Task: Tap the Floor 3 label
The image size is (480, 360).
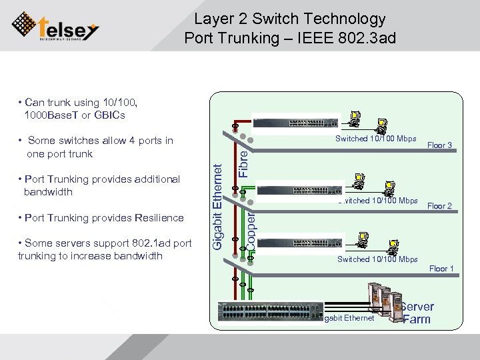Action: click(440, 145)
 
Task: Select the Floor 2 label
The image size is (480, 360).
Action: click(440, 206)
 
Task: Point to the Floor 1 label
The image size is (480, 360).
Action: click(441, 269)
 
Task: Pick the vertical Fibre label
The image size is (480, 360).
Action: click(244, 161)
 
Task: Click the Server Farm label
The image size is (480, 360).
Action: click(417, 313)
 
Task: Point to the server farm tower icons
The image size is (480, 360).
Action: click(382, 300)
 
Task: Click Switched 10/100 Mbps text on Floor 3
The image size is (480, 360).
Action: click(376, 139)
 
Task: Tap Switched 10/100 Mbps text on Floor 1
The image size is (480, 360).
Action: click(377, 259)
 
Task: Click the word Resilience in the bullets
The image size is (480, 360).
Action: click(159, 218)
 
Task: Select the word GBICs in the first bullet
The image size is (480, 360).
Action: click(110, 115)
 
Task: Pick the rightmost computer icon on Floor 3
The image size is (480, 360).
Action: click(383, 125)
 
